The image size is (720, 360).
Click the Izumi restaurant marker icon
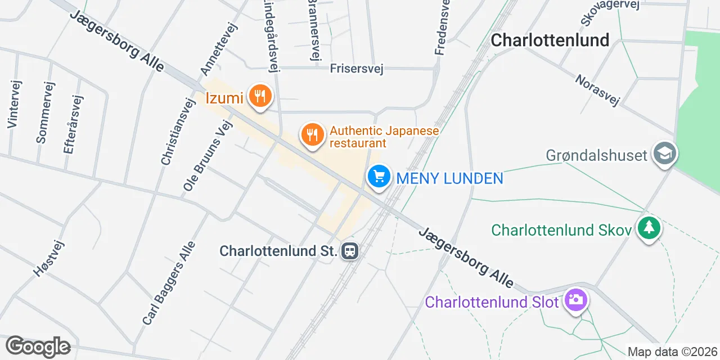[259, 96]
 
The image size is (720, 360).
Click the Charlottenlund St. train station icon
[350, 250]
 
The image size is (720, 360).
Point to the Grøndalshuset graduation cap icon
[665, 154]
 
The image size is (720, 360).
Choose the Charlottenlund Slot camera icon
[575, 300]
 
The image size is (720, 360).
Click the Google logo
[38, 346]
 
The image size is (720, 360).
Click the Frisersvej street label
[356, 69]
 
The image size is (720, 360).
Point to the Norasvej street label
[597, 90]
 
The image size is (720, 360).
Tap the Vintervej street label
[15, 104]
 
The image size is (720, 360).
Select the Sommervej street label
[45, 112]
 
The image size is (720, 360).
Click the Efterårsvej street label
[73, 124]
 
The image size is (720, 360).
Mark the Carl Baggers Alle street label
[168, 283]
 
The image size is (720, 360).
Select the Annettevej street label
[219, 49]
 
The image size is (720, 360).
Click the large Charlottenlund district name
[550, 40]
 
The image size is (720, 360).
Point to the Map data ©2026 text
[672, 352]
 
